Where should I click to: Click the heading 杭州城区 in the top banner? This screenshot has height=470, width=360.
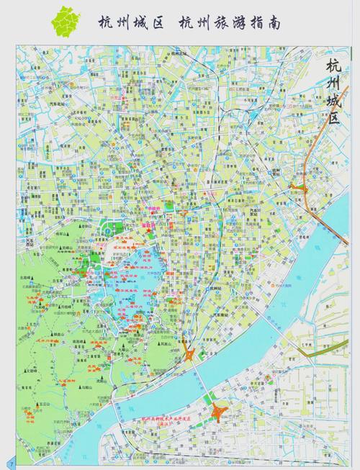tap(129, 23)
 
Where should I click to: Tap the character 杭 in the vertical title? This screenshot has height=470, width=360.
tap(333, 66)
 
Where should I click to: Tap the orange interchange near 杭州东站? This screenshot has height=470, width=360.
tap(297, 187)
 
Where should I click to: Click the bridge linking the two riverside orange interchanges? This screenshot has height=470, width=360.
tap(203, 381)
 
